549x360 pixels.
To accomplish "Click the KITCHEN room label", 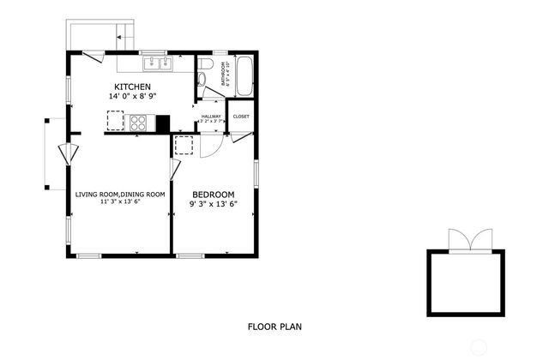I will pyautogui.click(x=133, y=87).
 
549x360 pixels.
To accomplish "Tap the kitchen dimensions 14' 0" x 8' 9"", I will pyautogui.click(x=133, y=97).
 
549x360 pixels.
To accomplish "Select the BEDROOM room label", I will pyautogui.click(x=212, y=194).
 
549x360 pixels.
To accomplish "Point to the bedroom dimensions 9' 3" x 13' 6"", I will pyautogui.click(x=212, y=204).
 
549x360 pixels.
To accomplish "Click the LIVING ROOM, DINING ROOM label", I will pyautogui.click(x=119, y=195).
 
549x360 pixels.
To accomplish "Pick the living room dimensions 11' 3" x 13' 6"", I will pyautogui.click(x=119, y=202).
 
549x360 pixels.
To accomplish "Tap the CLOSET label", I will pyautogui.click(x=241, y=116).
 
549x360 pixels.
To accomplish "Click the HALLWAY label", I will pyautogui.click(x=211, y=117).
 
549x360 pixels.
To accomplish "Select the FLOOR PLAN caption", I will pyautogui.click(x=274, y=326).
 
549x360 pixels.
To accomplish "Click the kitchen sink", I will pyautogui.click(x=157, y=63).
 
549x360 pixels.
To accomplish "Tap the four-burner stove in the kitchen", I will pyautogui.click(x=139, y=123).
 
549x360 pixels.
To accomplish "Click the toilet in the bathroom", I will pyautogui.click(x=202, y=80).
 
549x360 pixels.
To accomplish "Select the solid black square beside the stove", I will pyautogui.click(x=162, y=123).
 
